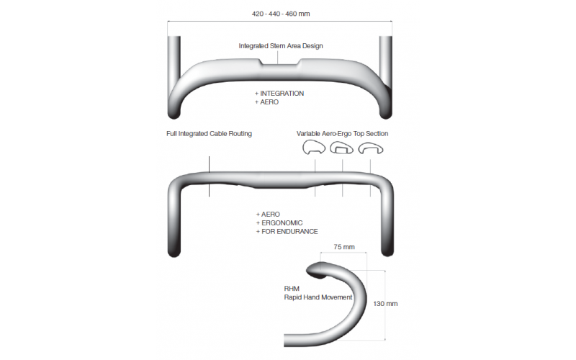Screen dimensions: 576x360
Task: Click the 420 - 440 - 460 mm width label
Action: coord(281,14)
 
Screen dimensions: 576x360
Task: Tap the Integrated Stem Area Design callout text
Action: coord(281,46)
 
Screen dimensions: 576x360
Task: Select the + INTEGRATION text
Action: coord(279,94)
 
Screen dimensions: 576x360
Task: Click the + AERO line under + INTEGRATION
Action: coord(266,102)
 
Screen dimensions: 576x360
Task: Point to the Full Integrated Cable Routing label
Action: coord(209,134)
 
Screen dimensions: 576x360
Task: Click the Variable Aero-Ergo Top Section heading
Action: coord(343,134)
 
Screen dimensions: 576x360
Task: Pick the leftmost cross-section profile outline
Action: coord(314,148)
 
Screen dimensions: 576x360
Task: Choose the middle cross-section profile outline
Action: coord(341,148)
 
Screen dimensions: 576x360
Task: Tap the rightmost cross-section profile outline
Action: coord(371,148)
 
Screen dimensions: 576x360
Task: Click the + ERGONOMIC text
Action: coord(279,223)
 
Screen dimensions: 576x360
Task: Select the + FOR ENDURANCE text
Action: coord(287,232)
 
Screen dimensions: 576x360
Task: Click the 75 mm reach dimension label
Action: coord(344,247)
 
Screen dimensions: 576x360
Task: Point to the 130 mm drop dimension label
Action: coord(385,304)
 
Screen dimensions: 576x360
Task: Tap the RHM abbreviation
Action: coord(292,289)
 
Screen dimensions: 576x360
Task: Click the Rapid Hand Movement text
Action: coord(318,297)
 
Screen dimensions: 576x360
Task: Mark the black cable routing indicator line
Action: coord(210,176)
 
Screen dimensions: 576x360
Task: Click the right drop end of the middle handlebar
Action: coord(387,251)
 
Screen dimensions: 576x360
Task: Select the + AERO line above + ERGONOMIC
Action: coord(268,214)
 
